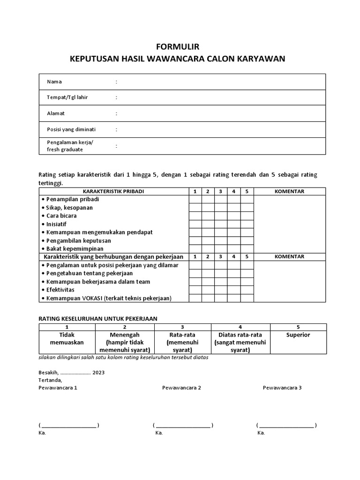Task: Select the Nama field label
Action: click(x=54, y=82)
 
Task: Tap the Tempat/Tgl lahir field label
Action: click(x=67, y=97)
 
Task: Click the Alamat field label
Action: click(x=56, y=113)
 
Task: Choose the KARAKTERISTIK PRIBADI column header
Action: click(x=113, y=191)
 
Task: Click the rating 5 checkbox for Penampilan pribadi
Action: click(x=247, y=199)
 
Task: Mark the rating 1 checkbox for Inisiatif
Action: click(x=195, y=224)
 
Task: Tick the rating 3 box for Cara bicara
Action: click(x=221, y=216)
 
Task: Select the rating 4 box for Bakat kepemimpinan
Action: click(x=233, y=249)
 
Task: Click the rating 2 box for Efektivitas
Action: click(x=208, y=290)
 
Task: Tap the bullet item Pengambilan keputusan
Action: click(x=78, y=240)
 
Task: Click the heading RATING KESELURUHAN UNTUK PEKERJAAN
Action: click(x=97, y=318)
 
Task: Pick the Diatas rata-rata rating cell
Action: click(x=240, y=343)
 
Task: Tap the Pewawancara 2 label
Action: click(x=181, y=388)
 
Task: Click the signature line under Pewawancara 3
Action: click(x=286, y=426)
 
